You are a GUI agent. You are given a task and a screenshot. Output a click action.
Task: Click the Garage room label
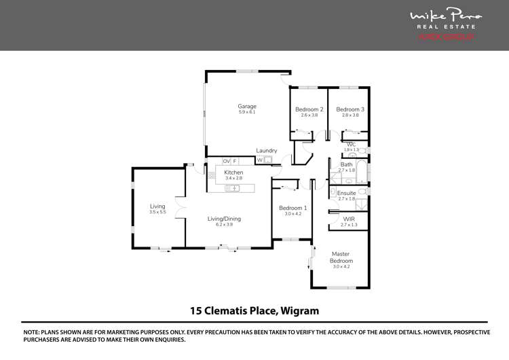246,106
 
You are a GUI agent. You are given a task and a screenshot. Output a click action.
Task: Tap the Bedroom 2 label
309,109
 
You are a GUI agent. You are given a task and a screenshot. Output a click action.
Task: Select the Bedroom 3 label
350,109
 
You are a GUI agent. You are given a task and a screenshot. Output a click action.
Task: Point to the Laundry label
266,151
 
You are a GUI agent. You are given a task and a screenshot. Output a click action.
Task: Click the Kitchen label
233,173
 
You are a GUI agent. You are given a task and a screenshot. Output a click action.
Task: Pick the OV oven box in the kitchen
226,161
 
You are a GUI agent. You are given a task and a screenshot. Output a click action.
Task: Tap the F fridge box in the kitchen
235,161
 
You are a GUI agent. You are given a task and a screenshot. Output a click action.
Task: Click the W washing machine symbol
259,160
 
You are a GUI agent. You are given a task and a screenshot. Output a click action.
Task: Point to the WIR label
350,219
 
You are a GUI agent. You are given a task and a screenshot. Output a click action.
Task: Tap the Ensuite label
346,193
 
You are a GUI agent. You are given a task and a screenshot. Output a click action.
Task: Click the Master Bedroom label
341,257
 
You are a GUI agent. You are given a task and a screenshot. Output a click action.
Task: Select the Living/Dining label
224,219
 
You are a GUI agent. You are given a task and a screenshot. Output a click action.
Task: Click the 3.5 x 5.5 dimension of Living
157,213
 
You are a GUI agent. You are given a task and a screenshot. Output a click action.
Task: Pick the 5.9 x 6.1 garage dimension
246,112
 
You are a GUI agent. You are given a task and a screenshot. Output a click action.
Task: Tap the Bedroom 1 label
293,208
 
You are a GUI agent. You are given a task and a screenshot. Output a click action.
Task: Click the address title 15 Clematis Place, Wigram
254,311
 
